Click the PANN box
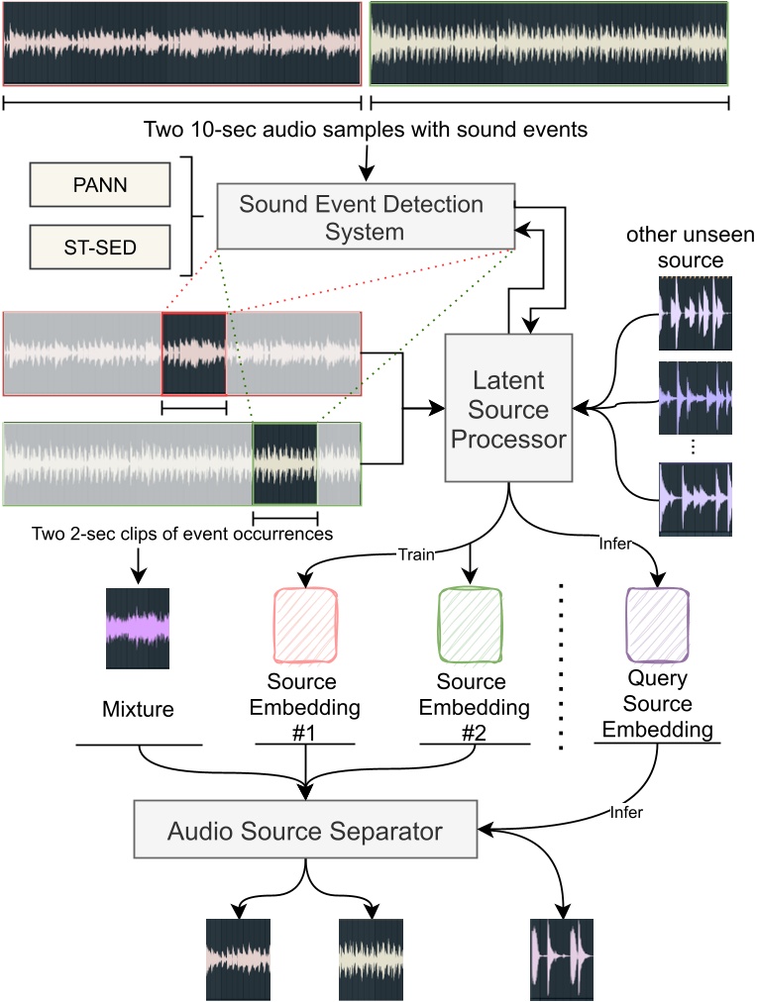100,185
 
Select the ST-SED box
100,247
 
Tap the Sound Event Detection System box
366,217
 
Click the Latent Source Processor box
508,408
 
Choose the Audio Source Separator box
305,829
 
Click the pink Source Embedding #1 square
305,626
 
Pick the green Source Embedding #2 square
470,626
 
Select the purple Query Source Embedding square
657,625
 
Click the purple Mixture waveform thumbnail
138,628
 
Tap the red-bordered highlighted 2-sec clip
194,353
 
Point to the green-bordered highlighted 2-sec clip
285,464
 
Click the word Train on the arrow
416,554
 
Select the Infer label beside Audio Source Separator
626,812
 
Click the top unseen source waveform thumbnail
695,313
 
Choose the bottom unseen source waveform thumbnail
695,499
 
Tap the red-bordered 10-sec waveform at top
182,44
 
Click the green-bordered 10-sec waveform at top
549,44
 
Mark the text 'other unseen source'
691,248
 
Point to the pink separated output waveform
238,959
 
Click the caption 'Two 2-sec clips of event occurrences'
182,534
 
